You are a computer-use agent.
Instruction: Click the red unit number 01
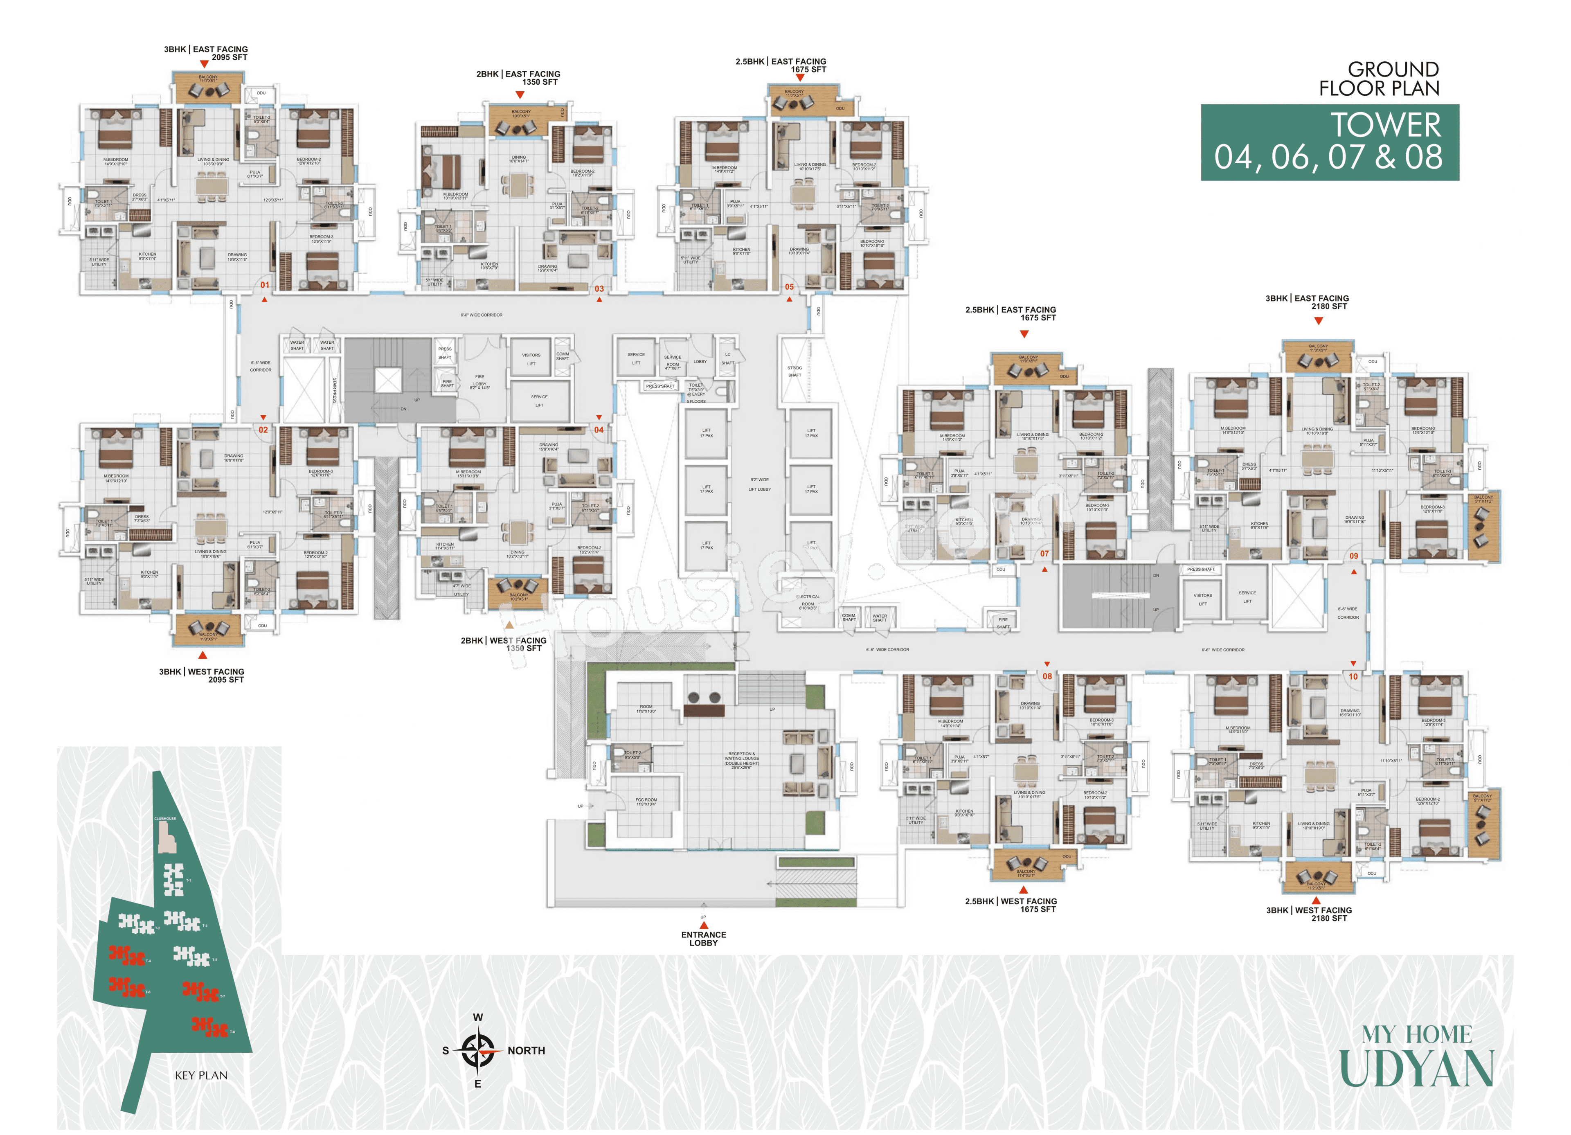[265, 285]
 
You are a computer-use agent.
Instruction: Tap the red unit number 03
[599, 289]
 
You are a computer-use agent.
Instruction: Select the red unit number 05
[789, 287]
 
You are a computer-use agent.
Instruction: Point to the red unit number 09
[1353, 556]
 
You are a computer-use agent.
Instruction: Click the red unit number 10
[1353, 676]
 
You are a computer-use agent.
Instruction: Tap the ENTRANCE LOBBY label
[703, 938]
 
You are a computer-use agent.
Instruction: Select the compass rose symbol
[477, 1050]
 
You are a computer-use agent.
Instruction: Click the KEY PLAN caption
[201, 1075]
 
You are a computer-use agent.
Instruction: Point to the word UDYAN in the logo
[1416, 1069]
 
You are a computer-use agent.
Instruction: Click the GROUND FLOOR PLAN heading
[1378, 79]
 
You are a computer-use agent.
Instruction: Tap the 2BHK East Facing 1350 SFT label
[518, 78]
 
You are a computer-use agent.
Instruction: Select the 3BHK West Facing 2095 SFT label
[202, 676]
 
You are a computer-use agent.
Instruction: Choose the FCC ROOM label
[646, 802]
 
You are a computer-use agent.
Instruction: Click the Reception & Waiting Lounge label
[741, 759]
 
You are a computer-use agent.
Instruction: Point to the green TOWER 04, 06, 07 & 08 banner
[1329, 143]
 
